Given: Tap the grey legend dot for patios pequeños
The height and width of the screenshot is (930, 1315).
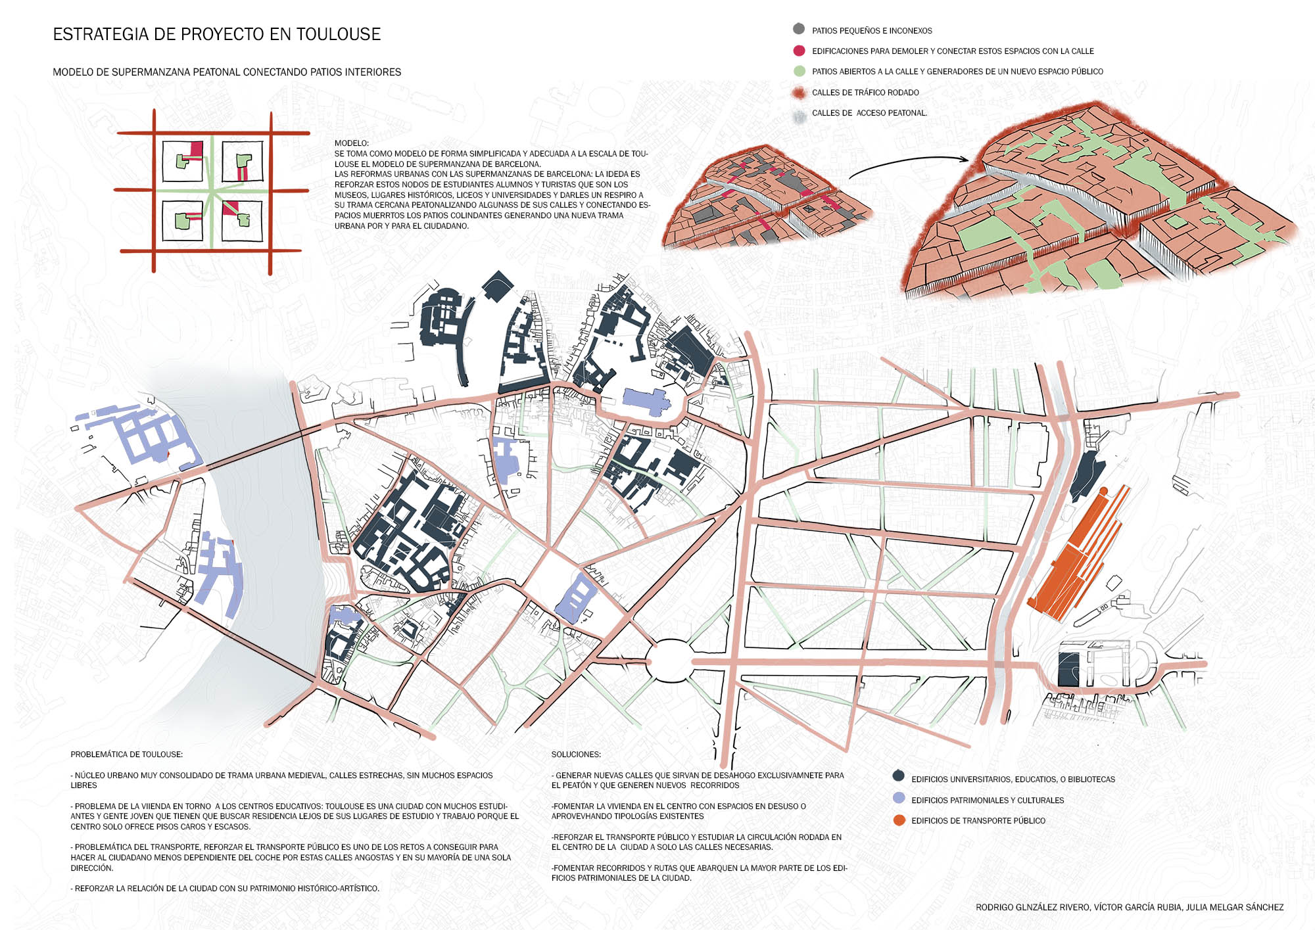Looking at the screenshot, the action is pos(799,29).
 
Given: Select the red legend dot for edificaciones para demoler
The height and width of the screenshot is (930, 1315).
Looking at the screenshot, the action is pos(799,51).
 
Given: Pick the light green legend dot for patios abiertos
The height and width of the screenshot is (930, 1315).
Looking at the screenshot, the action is pos(799,71).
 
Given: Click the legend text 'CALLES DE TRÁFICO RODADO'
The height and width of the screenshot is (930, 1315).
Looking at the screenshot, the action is pos(865,93).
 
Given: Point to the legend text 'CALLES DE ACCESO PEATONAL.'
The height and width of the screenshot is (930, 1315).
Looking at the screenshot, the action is pos(869,113).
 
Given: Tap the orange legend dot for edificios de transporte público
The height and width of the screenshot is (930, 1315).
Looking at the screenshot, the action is pos(899,820).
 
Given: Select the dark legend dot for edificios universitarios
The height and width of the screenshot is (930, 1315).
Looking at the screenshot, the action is pos(899,776).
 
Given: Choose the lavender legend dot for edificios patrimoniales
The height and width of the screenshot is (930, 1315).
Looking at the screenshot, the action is pos(899,798).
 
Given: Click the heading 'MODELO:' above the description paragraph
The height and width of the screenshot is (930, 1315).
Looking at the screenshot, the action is pos(352,143).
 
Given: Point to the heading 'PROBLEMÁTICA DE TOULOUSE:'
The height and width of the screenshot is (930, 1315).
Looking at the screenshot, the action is pos(127,755).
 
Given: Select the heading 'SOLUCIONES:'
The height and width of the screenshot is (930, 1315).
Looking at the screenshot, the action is pos(576,755).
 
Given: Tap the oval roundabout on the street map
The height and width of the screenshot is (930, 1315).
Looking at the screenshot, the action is pos(669,661).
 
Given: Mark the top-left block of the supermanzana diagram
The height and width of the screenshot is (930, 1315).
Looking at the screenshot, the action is pos(182,162).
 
